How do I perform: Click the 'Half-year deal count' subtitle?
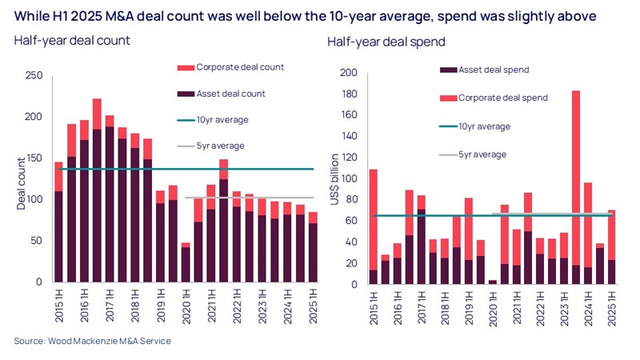[x=72, y=40]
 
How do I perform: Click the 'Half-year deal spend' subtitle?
[x=386, y=42]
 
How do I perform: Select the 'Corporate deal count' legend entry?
[x=228, y=67]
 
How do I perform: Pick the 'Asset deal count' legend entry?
[x=220, y=94]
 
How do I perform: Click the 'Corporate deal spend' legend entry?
[x=502, y=98]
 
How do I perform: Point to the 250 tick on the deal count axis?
[x=34, y=76]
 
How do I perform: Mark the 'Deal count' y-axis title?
[x=21, y=183]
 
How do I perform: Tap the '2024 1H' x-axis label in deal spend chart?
[x=590, y=306]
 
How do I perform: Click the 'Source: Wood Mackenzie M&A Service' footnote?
[x=92, y=342]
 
